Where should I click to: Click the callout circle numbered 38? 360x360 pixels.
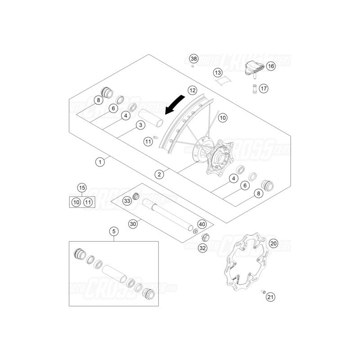click(193, 59)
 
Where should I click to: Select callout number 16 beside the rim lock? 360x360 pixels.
click(270, 66)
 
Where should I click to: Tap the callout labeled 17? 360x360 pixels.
click(264, 89)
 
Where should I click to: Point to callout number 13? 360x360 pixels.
click(218, 72)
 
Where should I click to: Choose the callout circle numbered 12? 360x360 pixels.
click(193, 90)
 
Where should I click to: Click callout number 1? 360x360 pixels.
click(101, 160)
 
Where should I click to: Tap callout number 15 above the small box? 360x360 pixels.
click(81, 188)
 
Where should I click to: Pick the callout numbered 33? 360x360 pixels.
click(127, 201)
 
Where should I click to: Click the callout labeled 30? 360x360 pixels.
click(132, 223)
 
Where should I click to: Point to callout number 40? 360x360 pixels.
click(202, 224)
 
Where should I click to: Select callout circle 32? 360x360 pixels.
click(202, 248)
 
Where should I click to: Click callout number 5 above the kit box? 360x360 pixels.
click(114, 231)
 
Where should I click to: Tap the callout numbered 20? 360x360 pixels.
click(274, 244)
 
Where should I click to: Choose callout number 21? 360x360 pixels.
click(270, 296)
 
